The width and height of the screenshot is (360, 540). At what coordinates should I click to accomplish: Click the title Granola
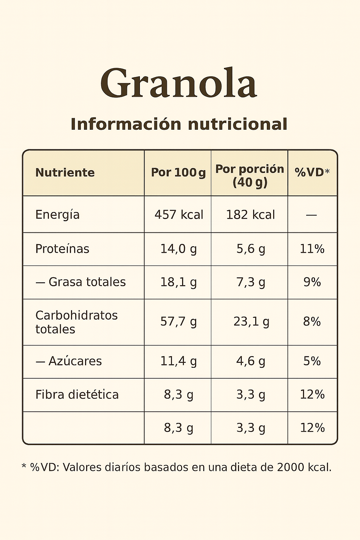pos(179,83)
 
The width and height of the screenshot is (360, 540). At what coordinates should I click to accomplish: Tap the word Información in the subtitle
pos(126,124)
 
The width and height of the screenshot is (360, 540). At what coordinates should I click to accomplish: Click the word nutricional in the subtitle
pos(238,124)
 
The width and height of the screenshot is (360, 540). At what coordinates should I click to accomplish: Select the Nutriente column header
pos(65,173)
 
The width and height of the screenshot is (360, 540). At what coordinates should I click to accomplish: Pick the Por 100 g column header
pos(178,173)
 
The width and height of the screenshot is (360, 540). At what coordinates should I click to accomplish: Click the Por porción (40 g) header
pos(250,175)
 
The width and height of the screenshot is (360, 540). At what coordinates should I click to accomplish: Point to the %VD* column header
pos(312,172)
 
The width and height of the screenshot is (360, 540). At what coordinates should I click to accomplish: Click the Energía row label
pos(57,214)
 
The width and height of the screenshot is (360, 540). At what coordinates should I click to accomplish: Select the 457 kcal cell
pos(179,214)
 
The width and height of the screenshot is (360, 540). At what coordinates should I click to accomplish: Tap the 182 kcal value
pos(250,214)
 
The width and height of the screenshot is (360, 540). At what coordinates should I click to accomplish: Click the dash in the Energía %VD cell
pos(311,215)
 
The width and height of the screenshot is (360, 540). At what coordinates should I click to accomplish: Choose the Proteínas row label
pos(62,249)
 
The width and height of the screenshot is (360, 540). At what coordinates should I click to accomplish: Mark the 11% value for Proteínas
pos(312,249)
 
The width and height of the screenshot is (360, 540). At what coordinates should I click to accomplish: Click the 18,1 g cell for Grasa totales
pos(178,282)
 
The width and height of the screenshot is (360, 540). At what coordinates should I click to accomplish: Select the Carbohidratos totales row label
pos(76,322)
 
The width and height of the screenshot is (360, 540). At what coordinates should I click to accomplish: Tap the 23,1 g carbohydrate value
pos(251,322)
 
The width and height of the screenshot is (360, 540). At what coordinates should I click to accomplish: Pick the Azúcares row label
pos(75,361)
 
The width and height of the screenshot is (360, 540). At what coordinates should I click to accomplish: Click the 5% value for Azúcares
pos(312,361)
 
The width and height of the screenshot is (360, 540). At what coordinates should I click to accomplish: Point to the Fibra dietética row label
pos(77,394)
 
